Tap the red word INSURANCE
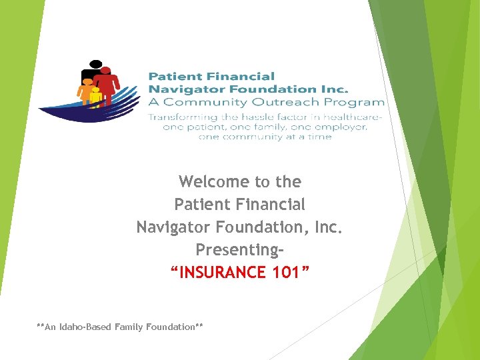217,273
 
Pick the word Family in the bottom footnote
129,327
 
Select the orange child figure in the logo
85,90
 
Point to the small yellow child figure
96,97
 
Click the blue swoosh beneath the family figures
87,112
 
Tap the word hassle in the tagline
253,117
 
